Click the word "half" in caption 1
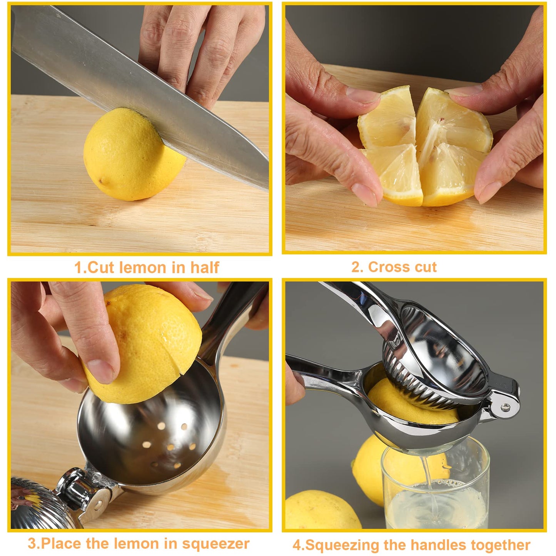pyautogui.click(x=205, y=267)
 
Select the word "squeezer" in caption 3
pyautogui.click(x=216, y=544)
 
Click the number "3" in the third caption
pyautogui.click(x=32, y=544)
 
